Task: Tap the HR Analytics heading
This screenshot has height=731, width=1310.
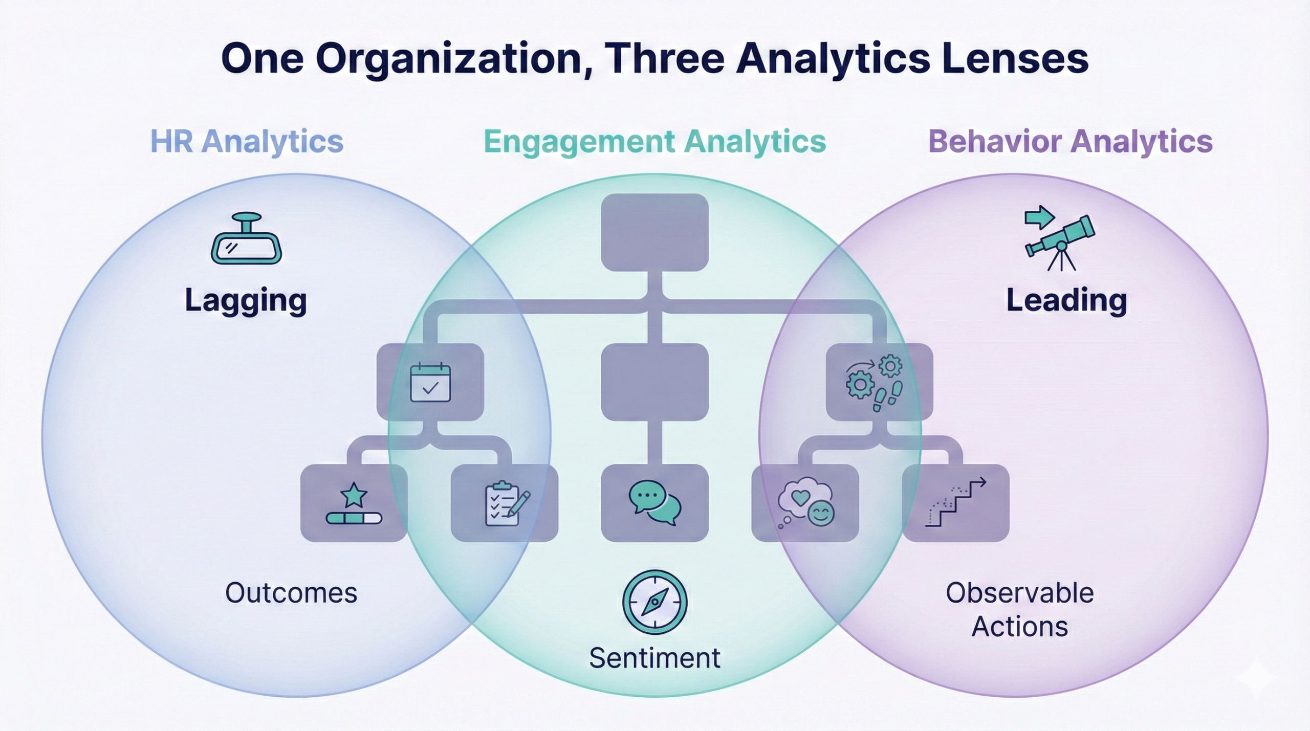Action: [x=247, y=142]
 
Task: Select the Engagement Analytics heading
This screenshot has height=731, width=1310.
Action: [x=654, y=142]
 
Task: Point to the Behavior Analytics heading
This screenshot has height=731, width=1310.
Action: [x=1070, y=142]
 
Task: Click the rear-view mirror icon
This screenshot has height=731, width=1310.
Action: [x=246, y=239]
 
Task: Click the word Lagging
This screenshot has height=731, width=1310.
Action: [x=246, y=301]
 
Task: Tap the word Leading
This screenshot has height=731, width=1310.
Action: [x=1066, y=301]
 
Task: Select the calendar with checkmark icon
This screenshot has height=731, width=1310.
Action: [x=430, y=382]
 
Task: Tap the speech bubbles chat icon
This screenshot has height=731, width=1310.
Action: [x=655, y=503]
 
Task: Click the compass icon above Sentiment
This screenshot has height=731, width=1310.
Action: [x=654, y=602]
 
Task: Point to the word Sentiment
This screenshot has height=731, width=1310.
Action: [x=654, y=658]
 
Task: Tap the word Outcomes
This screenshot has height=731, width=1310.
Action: [x=291, y=593]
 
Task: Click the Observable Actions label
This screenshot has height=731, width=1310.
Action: [x=1019, y=610]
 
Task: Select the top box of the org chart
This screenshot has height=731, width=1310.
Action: [x=654, y=232]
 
